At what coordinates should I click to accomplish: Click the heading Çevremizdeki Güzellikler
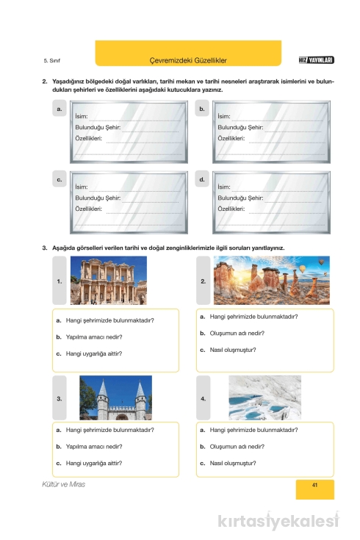[188, 60]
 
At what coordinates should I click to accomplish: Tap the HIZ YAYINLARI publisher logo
[316, 60]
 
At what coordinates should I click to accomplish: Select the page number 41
[314, 485]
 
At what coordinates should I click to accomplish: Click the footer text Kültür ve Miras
[64, 484]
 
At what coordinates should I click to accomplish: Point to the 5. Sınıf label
[52, 60]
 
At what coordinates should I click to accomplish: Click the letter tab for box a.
[60, 109]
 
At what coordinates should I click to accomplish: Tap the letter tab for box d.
[202, 179]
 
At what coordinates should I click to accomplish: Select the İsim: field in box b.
[224, 116]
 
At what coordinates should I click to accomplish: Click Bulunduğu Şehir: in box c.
[98, 198]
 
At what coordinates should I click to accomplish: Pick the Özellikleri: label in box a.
[89, 138]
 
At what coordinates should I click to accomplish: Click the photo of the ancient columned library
[109, 281]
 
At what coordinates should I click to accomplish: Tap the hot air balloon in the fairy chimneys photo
[302, 269]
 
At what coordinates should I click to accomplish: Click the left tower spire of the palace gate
[103, 387]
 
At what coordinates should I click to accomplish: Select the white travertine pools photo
[265, 397]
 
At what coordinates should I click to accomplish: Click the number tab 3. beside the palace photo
[60, 398]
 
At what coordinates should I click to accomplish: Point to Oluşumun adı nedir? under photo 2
[237, 334]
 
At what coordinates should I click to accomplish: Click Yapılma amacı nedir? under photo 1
[94, 337]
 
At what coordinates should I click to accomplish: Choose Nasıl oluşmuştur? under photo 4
[233, 463]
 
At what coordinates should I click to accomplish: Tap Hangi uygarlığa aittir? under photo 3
[94, 463]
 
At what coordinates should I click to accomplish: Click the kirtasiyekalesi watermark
[278, 520]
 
